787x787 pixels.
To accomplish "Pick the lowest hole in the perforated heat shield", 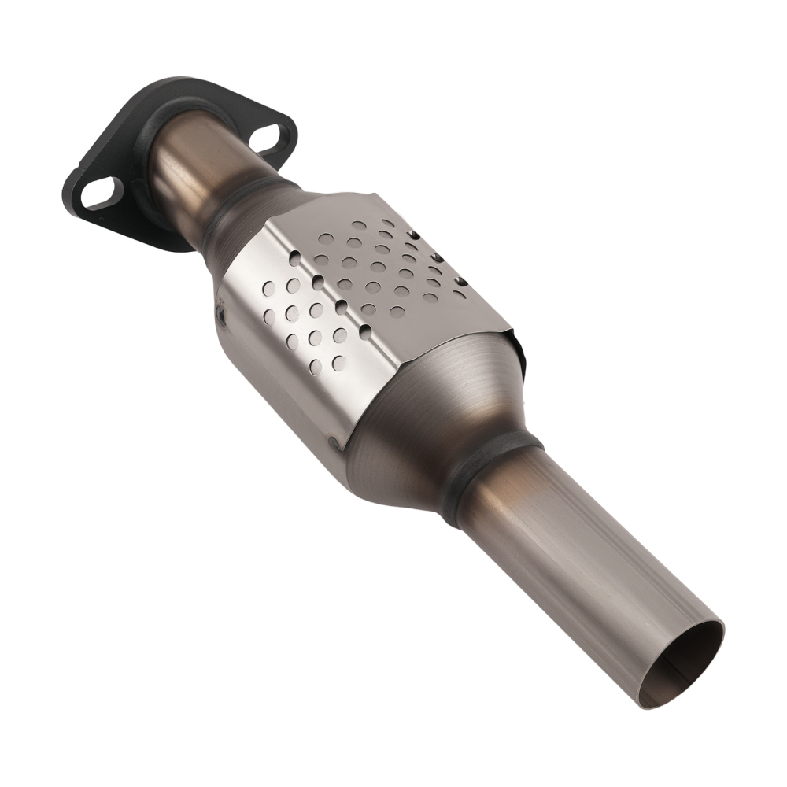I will point(338,363).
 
